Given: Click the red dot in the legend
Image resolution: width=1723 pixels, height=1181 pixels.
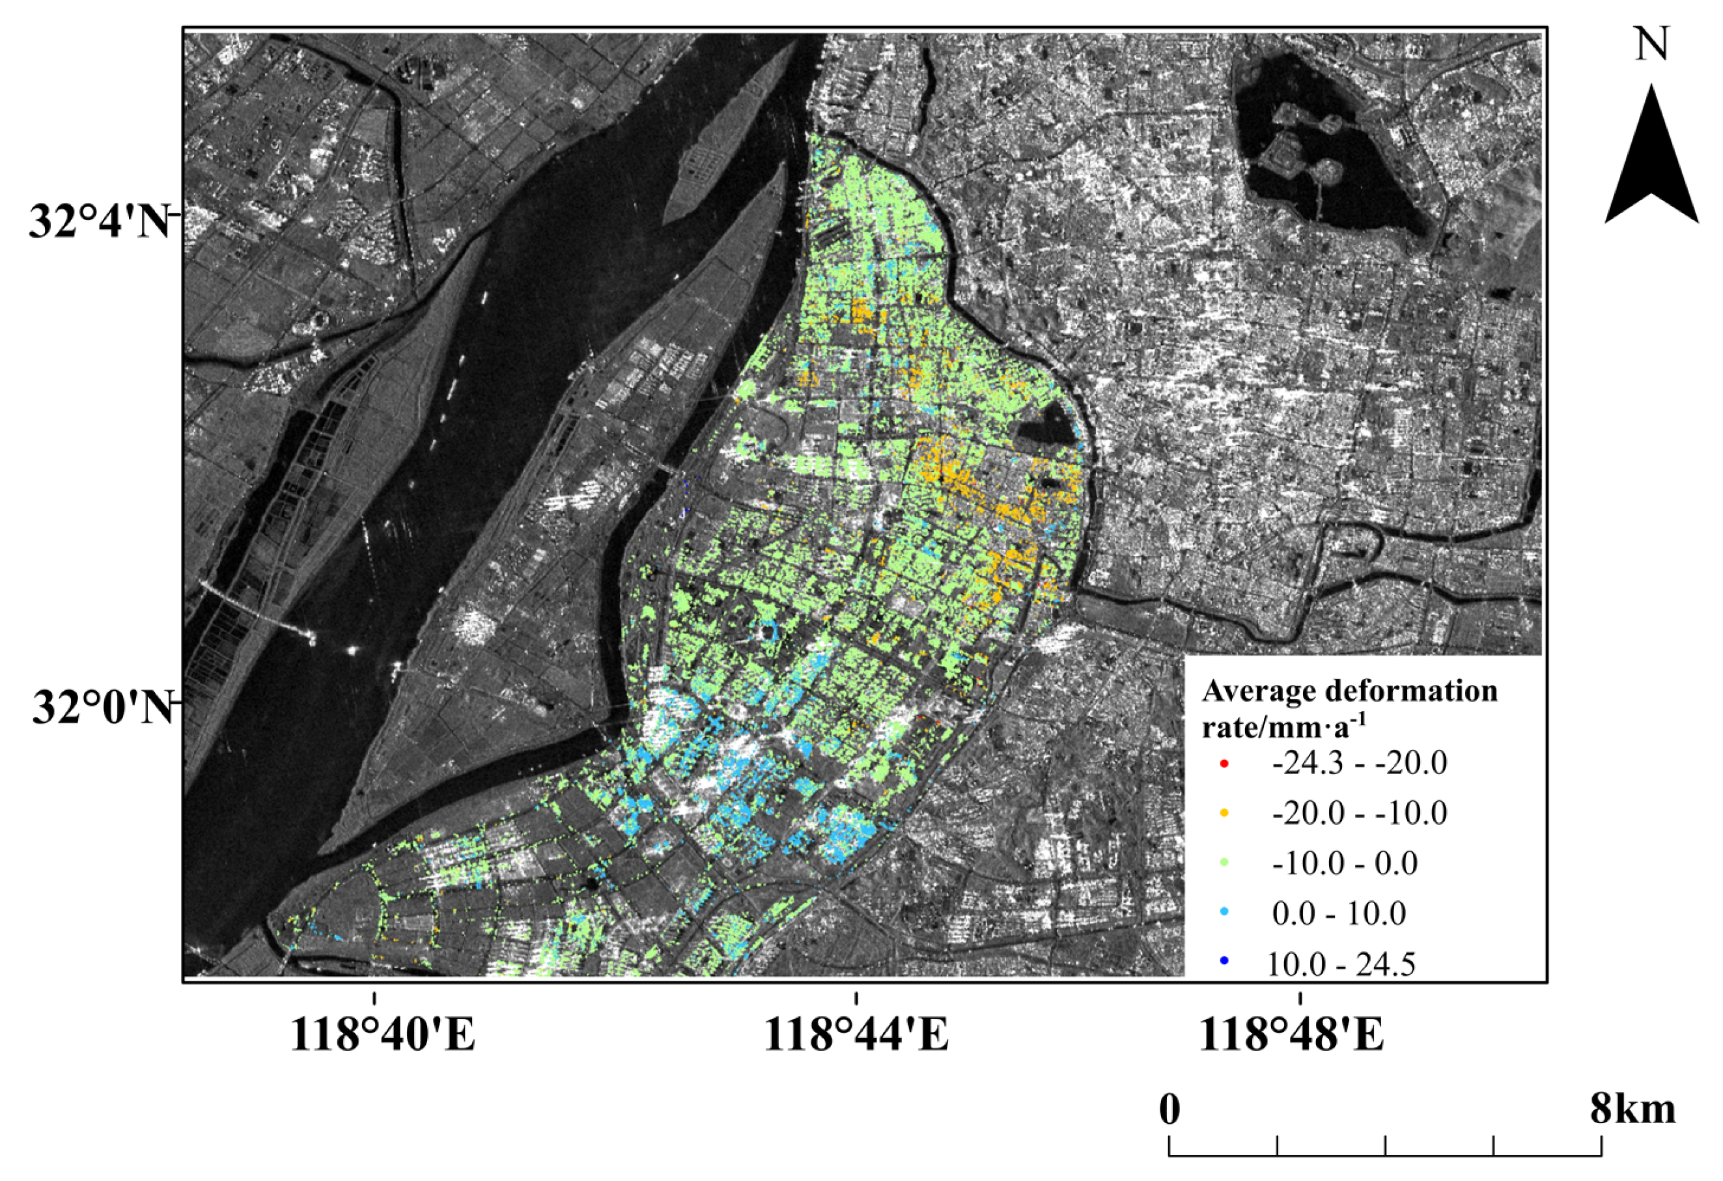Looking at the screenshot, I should point(1225,764).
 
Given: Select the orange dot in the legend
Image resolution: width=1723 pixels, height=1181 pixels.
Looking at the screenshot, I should point(1225,813).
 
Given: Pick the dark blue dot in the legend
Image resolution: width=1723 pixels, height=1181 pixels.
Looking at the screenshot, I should point(1225,962).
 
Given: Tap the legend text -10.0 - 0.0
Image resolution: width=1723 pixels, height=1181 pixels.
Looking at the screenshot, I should point(1344,863).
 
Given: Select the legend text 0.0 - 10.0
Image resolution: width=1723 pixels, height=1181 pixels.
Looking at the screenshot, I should point(1339,913).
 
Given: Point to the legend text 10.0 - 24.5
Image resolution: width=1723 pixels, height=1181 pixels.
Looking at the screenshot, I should point(1341,964).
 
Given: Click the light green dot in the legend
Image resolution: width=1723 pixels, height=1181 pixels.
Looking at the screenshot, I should point(1225,863).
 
